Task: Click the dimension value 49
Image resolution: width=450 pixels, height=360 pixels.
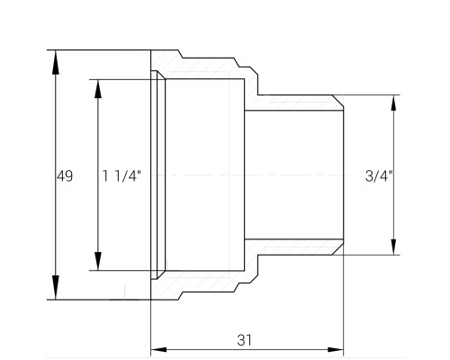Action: click(x=65, y=176)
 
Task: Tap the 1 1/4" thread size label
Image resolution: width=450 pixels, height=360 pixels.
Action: click(x=121, y=176)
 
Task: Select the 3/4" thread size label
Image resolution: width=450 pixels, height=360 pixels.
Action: click(x=379, y=176)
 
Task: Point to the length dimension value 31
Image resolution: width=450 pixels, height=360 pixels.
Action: click(x=245, y=340)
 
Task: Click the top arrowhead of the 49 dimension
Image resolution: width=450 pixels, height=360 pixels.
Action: click(x=55, y=62)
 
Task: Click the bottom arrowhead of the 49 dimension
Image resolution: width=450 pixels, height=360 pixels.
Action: click(x=55, y=287)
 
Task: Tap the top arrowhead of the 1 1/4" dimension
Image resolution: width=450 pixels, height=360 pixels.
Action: click(x=98, y=89)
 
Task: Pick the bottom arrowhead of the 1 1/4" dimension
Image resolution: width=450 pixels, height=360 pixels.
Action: click(x=98, y=261)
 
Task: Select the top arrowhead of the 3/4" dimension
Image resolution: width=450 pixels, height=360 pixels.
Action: click(x=394, y=104)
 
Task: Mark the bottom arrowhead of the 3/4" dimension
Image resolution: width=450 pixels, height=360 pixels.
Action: click(x=394, y=246)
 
